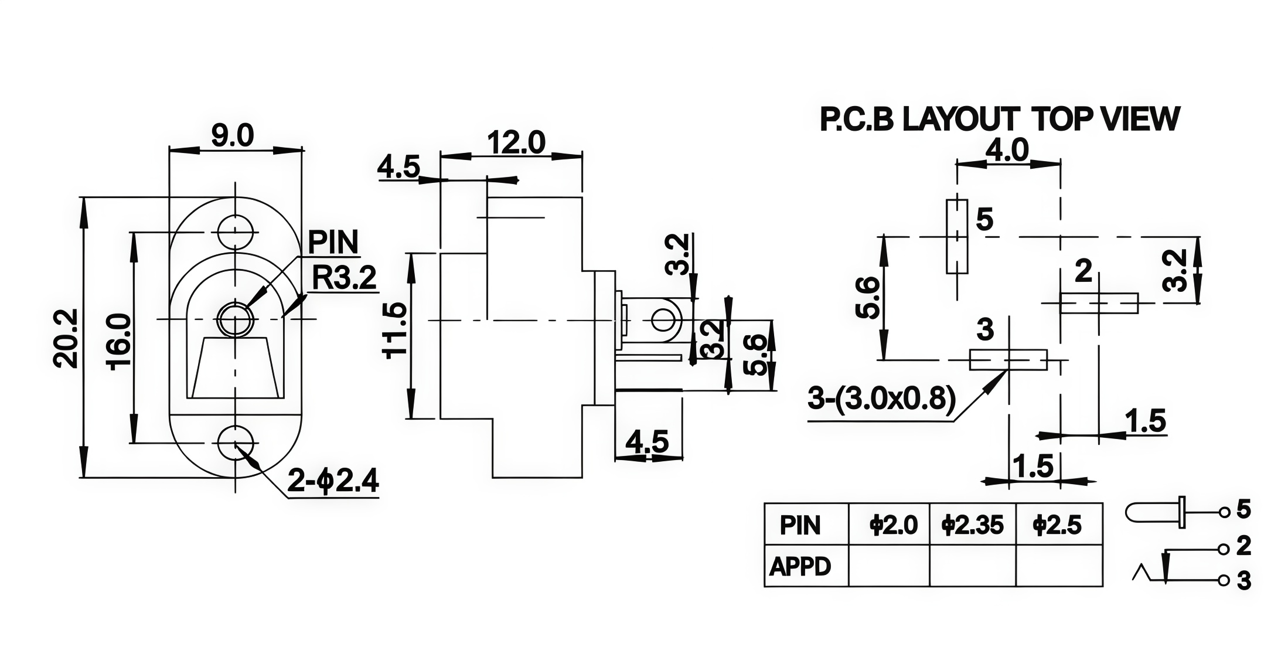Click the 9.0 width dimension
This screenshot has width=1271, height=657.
coord(232,136)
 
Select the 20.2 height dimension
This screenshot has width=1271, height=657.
coord(65,339)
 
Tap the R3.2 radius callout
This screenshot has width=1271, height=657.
coord(344,278)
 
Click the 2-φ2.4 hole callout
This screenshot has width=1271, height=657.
coord(333,482)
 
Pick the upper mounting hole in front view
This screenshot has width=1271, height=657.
coord(236,232)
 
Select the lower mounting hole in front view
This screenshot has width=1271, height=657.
coord(236,443)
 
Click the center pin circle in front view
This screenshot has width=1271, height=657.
coord(236,319)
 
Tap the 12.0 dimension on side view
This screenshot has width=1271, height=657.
coord(516,142)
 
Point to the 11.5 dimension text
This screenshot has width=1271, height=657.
coord(394,330)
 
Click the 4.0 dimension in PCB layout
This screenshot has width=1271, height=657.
coord(1007,150)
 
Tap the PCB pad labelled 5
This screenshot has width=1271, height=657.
coord(957,236)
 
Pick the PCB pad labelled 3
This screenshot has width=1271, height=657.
coord(1008,360)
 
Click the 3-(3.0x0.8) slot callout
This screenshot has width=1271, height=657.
coord(881,399)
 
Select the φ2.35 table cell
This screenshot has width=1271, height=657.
coord(973,525)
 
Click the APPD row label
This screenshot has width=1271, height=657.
coord(800,566)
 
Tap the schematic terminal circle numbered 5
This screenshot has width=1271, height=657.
coord(1224,513)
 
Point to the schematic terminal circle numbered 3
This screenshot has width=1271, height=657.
coord(1224,581)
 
